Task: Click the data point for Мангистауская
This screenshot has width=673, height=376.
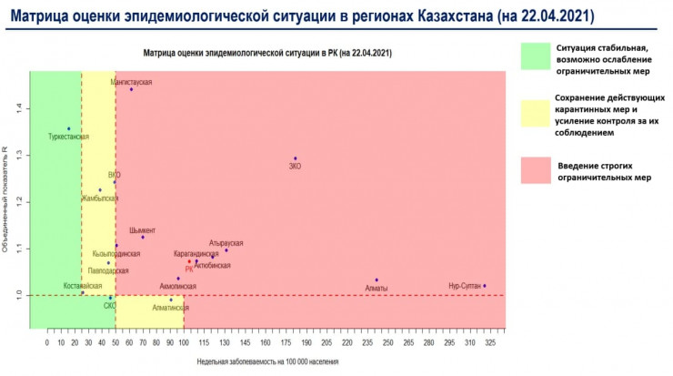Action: [x=131, y=89]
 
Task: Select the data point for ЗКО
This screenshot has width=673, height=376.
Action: [x=295, y=158]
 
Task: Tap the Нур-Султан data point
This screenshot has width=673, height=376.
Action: [x=485, y=286]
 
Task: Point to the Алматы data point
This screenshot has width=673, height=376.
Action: [x=377, y=280]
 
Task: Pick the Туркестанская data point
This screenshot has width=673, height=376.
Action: [x=69, y=128]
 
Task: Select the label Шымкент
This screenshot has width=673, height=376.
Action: [x=142, y=230]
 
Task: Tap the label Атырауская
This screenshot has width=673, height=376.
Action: [x=226, y=243]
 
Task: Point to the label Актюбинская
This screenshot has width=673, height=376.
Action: [x=213, y=266]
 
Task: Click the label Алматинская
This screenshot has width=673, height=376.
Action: [x=171, y=309]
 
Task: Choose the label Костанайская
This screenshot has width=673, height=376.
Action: [x=83, y=286]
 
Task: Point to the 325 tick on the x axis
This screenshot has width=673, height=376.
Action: [x=490, y=342]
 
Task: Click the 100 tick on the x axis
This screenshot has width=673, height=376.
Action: [x=184, y=342]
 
